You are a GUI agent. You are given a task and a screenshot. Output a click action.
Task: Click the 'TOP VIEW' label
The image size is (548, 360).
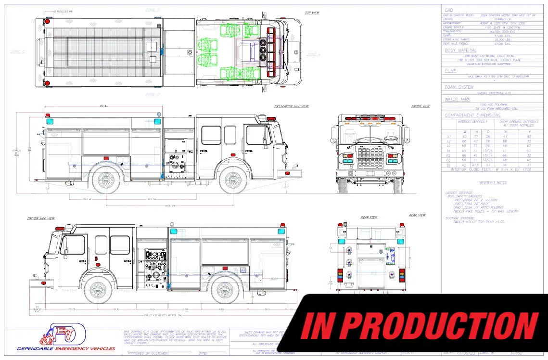coord(312,13)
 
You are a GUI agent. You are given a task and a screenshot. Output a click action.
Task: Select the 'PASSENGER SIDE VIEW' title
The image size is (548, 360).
coord(292,106)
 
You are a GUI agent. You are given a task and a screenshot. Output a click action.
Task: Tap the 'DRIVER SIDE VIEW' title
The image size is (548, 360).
coord(41,219)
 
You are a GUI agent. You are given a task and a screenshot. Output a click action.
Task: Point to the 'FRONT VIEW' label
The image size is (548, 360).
coord(421,106)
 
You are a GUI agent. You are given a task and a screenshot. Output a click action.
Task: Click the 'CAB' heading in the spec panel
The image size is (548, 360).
coord(448,10)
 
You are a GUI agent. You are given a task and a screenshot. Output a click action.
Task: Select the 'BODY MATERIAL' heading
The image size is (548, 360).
coord(460,50)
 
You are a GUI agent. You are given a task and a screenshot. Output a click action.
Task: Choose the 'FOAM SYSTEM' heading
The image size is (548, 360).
coord(459,87)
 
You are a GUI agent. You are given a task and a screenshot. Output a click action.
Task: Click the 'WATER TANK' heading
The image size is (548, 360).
coord(458,100)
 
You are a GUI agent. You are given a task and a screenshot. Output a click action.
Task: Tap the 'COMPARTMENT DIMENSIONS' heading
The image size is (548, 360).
coord(472,116)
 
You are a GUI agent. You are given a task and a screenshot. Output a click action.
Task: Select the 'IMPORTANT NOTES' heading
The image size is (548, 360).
coord(492,183)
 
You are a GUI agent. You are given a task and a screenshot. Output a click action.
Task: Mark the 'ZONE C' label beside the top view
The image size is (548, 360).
coord(18,51)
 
